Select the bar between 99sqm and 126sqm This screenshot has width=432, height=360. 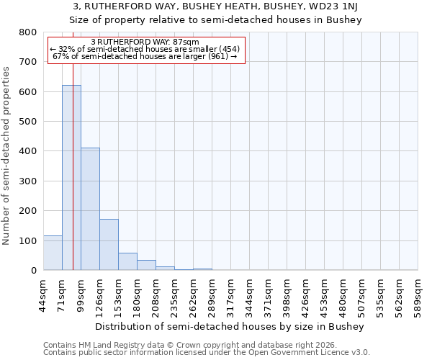tap(90, 209)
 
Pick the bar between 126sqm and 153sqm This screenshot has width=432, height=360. tap(109, 245)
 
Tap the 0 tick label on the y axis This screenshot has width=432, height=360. tap(33, 271)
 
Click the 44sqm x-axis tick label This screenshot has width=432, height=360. tap(44, 295)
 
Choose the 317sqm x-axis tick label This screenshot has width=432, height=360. tap(231, 295)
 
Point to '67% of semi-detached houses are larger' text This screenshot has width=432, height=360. tap(145, 56)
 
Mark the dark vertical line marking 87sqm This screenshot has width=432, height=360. tap(73, 180)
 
